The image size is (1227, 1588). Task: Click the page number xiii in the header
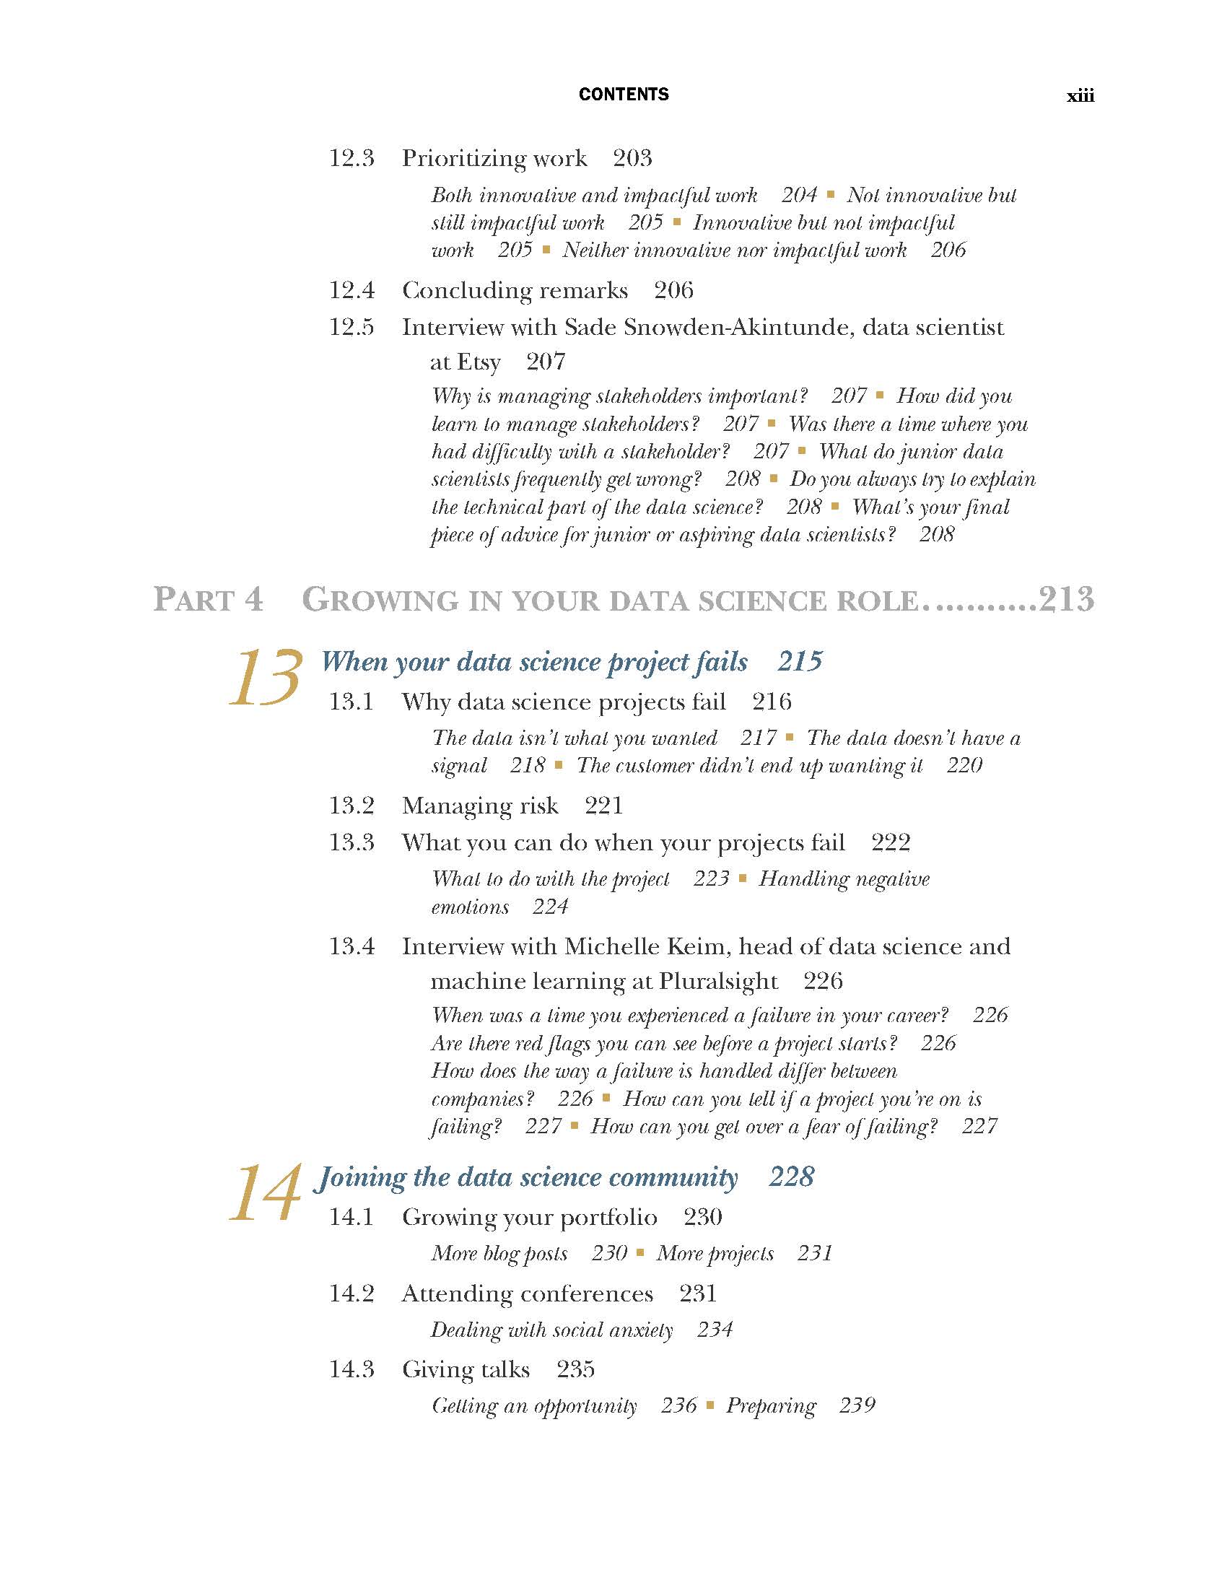pyautogui.click(x=1080, y=96)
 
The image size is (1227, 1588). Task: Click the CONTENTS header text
pyautogui.click(x=623, y=95)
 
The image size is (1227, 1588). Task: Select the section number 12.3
pyautogui.click(x=351, y=158)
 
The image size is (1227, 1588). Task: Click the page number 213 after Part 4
pyautogui.click(x=1065, y=600)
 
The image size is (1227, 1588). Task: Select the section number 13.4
pyautogui.click(x=351, y=946)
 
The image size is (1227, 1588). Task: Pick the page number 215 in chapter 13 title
pyautogui.click(x=800, y=661)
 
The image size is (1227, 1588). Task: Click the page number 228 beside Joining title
pyautogui.click(x=791, y=1177)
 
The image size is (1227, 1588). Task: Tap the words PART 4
pyautogui.click(x=208, y=600)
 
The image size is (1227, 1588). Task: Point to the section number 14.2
pyautogui.click(x=351, y=1293)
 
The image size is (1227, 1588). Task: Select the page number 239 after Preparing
pyautogui.click(x=857, y=1405)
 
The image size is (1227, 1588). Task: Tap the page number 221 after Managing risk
pyautogui.click(x=603, y=806)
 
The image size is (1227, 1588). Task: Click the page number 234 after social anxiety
pyautogui.click(x=715, y=1329)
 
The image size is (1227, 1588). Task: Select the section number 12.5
pyautogui.click(x=351, y=327)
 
